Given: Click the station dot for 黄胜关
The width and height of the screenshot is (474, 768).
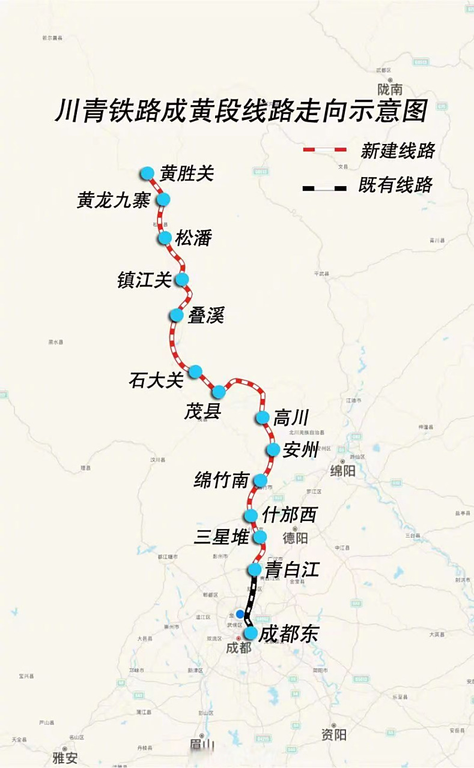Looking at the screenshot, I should click(147, 173).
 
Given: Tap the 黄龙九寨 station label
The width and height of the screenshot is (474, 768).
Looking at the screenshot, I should click(114, 200).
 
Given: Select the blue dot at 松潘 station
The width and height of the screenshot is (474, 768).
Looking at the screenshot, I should click(165, 238).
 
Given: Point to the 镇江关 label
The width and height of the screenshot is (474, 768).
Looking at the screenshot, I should click(145, 280).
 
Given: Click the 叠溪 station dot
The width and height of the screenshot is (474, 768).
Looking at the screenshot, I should click(177, 315).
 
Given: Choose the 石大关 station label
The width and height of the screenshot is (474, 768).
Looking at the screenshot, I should click(156, 380).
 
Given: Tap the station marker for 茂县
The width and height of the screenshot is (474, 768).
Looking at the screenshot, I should click(219, 392).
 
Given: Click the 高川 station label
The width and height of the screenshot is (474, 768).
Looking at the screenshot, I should click(291, 418).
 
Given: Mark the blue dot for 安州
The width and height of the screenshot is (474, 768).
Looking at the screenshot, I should click(273, 449).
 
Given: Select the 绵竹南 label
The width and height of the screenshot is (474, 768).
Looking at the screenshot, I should click(221, 480).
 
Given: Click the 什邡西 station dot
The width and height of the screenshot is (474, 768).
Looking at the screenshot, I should click(251, 515).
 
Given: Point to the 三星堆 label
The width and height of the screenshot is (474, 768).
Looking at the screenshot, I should click(221, 537).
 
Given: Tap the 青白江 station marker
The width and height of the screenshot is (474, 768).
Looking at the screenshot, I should click(255, 569).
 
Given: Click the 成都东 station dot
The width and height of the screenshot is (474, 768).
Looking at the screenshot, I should click(251, 632).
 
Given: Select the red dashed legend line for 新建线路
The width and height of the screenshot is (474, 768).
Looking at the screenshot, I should click(325, 149).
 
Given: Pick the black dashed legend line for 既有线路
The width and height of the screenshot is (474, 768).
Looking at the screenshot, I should click(325, 188).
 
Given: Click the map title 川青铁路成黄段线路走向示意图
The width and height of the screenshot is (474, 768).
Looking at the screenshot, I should click(240, 112).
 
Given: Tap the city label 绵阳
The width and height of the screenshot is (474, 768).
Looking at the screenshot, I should click(342, 471).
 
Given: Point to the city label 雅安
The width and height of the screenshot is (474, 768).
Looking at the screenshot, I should click(65, 758).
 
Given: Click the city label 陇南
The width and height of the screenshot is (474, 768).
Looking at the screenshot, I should click(390, 90).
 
